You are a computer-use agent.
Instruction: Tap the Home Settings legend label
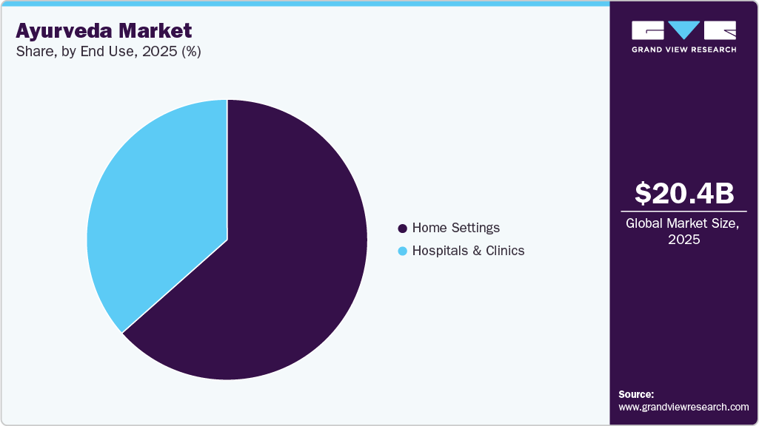coord(455,228)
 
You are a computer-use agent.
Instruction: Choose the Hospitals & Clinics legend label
coord(468,251)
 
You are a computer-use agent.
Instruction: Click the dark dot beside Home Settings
coord(403,228)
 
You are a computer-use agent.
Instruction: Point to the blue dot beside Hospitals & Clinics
coord(403,251)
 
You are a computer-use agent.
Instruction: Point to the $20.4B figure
coord(684,193)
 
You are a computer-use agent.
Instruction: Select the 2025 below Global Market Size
coord(683,240)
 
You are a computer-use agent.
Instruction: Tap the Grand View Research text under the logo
coord(683,50)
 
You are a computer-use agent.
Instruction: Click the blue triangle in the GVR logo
coord(683,30)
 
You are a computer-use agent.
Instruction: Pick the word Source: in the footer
coord(637,394)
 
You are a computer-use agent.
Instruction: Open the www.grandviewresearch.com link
coord(683,407)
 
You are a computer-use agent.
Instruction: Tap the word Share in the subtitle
coord(33,52)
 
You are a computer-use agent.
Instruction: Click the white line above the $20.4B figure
coord(683,171)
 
